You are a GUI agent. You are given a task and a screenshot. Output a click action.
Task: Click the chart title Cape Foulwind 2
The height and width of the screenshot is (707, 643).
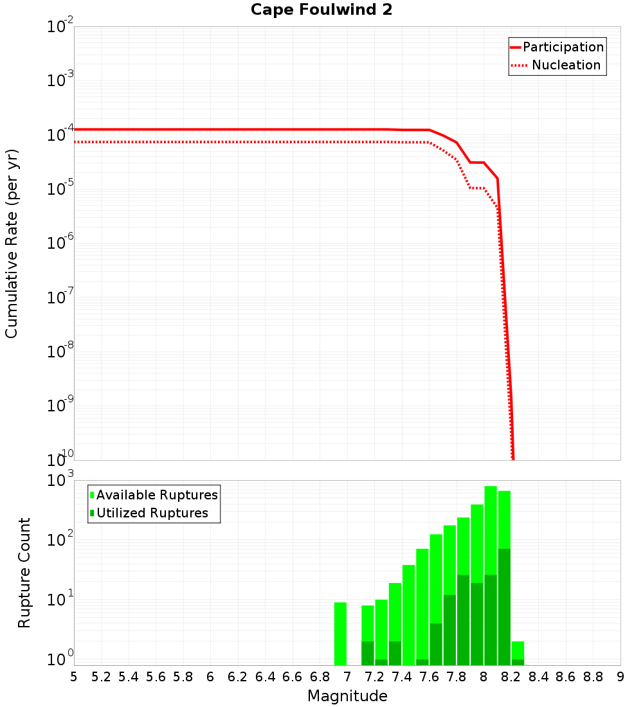click(x=321, y=10)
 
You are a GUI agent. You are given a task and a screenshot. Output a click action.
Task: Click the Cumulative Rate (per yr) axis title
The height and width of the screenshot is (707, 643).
click(x=12, y=244)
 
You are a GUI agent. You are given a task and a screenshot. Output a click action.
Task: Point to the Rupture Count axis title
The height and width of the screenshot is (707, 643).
click(x=24, y=573)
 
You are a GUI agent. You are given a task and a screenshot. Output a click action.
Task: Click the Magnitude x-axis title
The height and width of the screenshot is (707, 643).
click(x=347, y=696)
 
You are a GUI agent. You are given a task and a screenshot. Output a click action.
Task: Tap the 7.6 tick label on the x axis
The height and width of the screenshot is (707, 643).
click(x=429, y=677)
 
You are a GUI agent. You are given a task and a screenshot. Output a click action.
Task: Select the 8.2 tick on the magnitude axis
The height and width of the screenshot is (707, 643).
click(x=511, y=677)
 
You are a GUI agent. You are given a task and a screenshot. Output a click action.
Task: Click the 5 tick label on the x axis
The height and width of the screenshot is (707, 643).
click(x=74, y=677)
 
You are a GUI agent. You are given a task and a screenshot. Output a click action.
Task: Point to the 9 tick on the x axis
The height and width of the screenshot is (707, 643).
click(x=620, y=677)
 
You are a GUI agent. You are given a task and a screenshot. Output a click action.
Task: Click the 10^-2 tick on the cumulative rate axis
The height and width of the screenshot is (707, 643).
click(x=60, y=27)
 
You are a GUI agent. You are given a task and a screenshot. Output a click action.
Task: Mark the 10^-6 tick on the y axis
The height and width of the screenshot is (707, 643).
click(x=60, y=244)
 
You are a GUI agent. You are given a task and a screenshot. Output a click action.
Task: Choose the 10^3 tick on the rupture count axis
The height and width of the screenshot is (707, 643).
click(x=60, y=481)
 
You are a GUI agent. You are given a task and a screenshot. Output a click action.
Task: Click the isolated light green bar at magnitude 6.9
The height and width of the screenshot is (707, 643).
click(x=340, y=633)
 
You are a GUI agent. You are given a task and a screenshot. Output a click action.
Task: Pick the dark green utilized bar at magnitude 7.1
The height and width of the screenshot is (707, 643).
click(x=367, y=653)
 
